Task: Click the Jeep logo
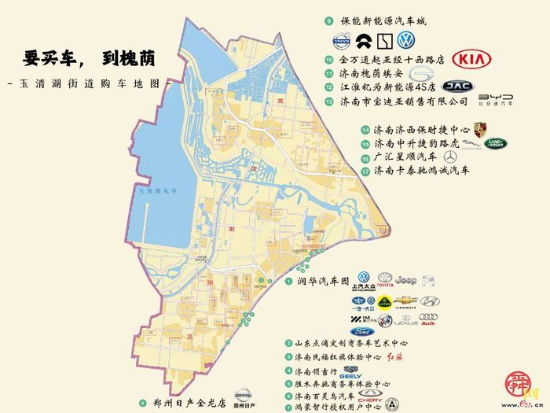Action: pyautogui.click(x=406, y=278)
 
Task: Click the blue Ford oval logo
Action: pyautogui.click(x=363, y=331)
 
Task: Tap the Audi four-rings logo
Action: pyautogui.click(x=427, y=318)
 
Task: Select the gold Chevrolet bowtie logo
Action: pyautogui.click(x=405, y=301)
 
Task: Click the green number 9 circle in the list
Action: pyautogui.click(x=328, y=22)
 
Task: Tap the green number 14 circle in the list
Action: pyautogui.click(x=365, y=131)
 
